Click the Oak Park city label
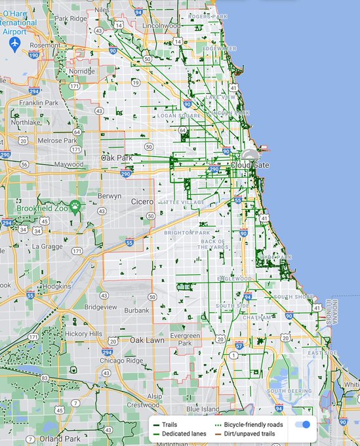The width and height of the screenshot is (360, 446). [117, 157]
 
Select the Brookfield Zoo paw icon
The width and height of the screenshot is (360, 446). [76, 205]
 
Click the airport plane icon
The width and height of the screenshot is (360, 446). [15, 43]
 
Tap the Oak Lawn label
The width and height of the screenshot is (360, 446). [146, 340]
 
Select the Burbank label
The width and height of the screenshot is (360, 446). [137, 310]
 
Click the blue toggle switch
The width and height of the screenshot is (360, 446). [302, 424]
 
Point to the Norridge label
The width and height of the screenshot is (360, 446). [83, 71]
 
